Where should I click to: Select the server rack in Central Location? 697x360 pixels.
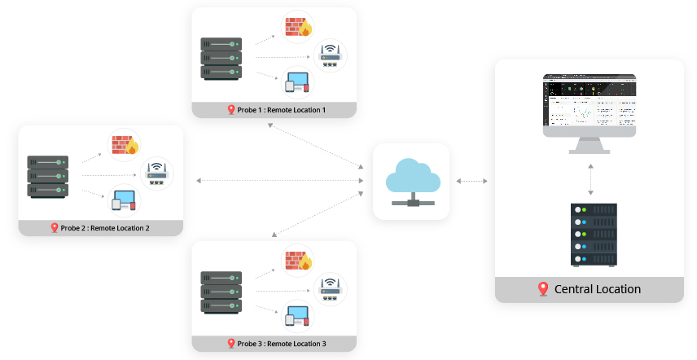594,235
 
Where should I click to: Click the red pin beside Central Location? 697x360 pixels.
543,289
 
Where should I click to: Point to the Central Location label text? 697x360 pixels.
597,289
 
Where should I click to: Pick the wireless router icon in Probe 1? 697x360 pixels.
330,55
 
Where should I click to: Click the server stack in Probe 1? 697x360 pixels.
221,56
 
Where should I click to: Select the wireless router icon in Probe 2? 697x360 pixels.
156,173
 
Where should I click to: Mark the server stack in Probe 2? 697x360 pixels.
47,176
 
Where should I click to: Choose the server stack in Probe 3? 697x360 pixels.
221,291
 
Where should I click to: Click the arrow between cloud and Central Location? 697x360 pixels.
471,181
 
